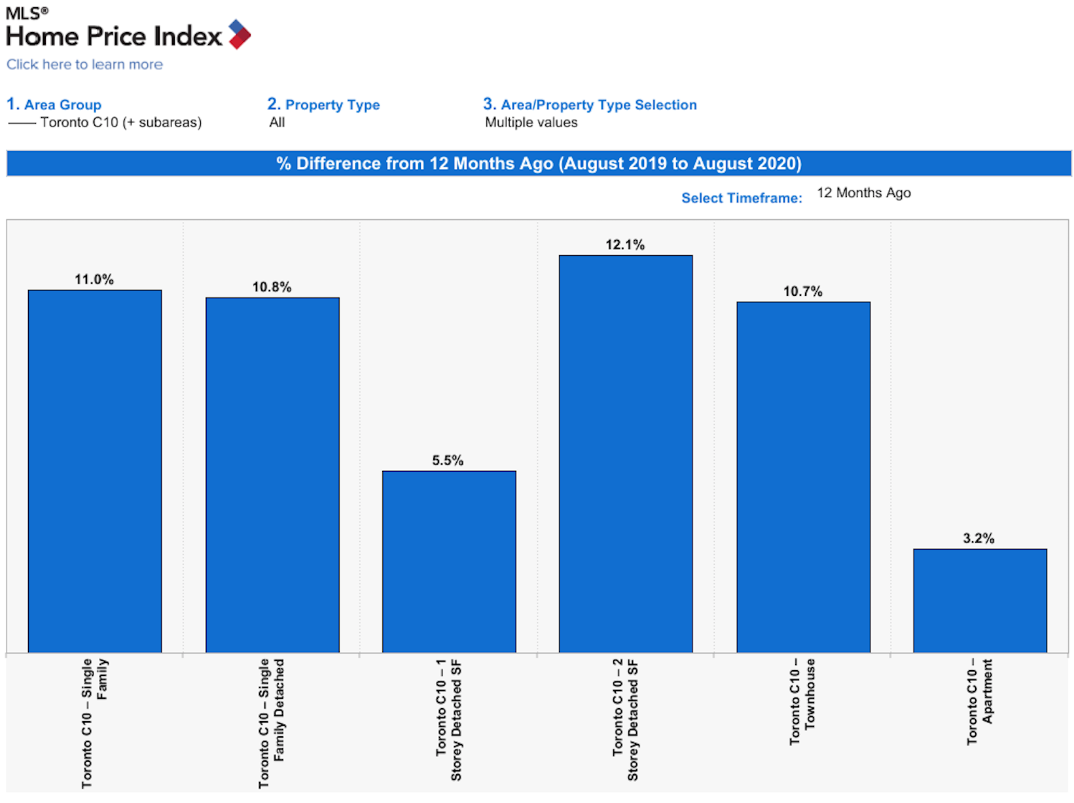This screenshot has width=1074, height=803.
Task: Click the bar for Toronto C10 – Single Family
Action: pyautogui.click(x=94, y=471)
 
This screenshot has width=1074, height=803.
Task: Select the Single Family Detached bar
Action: pyautogui.click(x=272, y=474)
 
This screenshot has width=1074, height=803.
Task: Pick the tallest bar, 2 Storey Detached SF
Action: pyautogui.click(x=625, y=454)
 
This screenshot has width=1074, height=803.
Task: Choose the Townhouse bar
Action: pyautogui.click(x=803, y=476)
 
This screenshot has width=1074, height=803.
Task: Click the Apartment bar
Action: pyautogui.click(x=980, y=600)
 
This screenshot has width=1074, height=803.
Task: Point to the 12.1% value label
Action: pyautogui.click(x=625, y=244)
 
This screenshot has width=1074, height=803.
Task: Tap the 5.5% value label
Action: pyautogui.click(x=447, y=459)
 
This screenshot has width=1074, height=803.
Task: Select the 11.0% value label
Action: pyautogui.click(x=94, y=279)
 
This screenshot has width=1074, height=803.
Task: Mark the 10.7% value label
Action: pyautogui.click(x=802, y=291)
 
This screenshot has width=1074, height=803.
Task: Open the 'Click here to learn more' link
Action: pyautogui.click(x=84, y=64)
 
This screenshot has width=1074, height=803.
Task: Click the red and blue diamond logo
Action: pyautogui.click(x=240, y=34)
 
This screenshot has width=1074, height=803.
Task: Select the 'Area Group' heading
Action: pyautogui.click(x=63, y=105)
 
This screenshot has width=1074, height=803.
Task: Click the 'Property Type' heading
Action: pyautogui.click(x=332, y=105)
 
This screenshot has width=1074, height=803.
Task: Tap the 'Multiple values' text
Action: pyautogui.click(x=531, y=122)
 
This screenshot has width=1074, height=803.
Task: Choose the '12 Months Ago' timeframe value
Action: pyautogui.click(x=864, y=192)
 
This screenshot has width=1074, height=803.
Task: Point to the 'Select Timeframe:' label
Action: pyautogui.click(x=742, y=198)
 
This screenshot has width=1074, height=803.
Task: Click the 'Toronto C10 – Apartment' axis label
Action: pyautogui.click(x=979, y=702)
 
